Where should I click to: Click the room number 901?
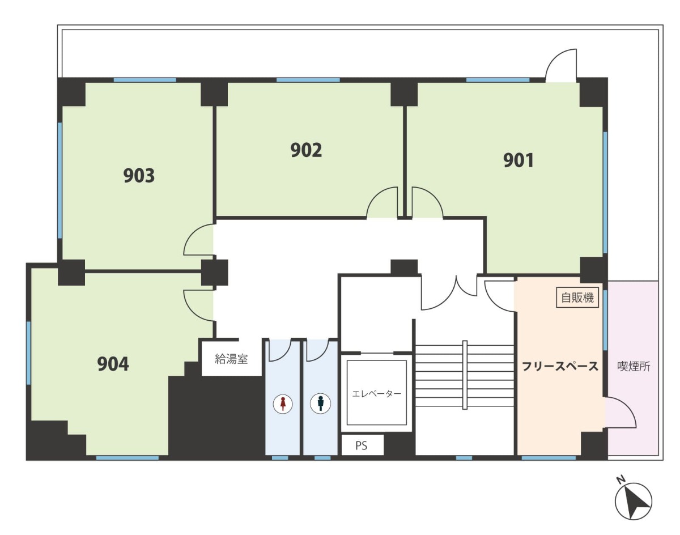pyautogui.click(x=518, y=160)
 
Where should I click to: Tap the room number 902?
pyautogui.click(x=306, y=150)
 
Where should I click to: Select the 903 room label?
pyautogui.click(x=139, y=176)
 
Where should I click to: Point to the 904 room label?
pyautogui.click(x=113, y=364)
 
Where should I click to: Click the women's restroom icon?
pyautogui.click(x=283, y=404)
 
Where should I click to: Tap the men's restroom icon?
pyautogui.click(x=320, y=404)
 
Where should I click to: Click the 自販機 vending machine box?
pyautogui.click(x=577, y=298)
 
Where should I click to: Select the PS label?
pyautogui.click(x=361, y=445)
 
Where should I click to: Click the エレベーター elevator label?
pyautogui.click(x=376, y=394)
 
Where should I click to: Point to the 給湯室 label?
pyautogui.click(x=231, y=359)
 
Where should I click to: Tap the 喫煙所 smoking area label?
pyautogui.click(x=634, y=367)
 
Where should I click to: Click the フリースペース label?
pyautogui.click(x=560, y=366)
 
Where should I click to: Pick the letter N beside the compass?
pyautogui.click(x=620, y=480)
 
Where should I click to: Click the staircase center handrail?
pyautogui.click(x=465, y=375)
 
